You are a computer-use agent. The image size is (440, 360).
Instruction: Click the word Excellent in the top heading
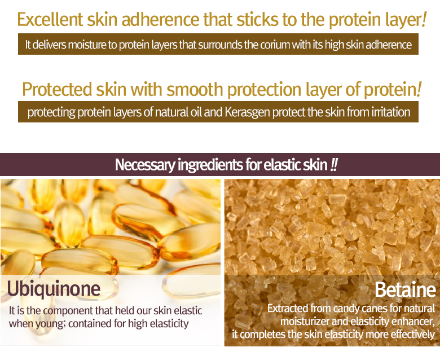pyautogui.click(x=50, y=19)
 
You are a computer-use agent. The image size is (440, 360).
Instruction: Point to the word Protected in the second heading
pyautogui.click(x=57, y=90)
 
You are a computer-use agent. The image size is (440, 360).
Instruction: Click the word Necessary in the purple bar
pyautogui.click(x=145, y=165)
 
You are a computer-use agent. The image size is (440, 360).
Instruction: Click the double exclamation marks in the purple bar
pyautogui.click(x=334, y=164)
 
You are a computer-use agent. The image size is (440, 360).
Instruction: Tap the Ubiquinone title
pyautogui.click(x=54, y=288)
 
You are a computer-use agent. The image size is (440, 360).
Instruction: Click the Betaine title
pyautogui.click(x=405, y=289)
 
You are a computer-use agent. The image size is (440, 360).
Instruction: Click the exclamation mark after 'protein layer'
pyautogui.click(x=424, y=19)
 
